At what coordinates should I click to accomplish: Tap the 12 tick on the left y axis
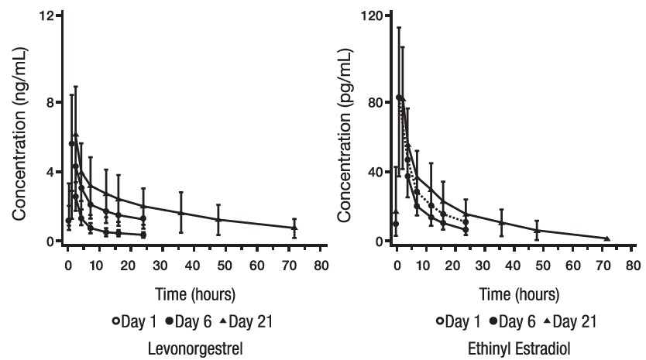pyautogui.click(x=46, y=16)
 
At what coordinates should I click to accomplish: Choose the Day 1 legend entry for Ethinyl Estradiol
pyautogui.click(x=465, y=320)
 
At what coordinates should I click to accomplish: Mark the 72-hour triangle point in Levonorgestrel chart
pyautogui.click(x=294, y=228)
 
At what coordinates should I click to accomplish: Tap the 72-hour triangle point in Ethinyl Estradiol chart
pyautogui.click(x=606, y=238)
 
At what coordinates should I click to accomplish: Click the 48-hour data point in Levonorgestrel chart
pyautogui.click(x=218, y=219)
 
